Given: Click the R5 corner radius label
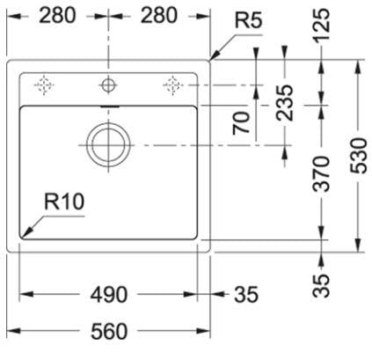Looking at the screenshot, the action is [x=248, y=20].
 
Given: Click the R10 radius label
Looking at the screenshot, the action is [x=64, y=202].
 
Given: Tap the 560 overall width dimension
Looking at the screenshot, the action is [x=109, y=332].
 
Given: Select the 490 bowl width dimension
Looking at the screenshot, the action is [x=109, y=295].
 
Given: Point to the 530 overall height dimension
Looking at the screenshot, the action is [x=359, y=156].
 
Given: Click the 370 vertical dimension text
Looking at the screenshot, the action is [x=321, y=174].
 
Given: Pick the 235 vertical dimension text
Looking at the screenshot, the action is [x=284, y=103].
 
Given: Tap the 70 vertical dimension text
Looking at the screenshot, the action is [x=241, y=123].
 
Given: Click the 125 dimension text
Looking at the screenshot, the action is [x=321, y=25].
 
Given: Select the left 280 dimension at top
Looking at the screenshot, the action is [x=57, y=16].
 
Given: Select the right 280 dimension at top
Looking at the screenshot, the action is [x=159, y=16].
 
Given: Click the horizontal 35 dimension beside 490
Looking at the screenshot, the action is [x=246, y=295].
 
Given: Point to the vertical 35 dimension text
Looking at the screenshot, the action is [x=321, y=285].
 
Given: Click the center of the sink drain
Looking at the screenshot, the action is [x=108, y=144].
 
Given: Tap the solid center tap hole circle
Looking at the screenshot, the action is [x=108, y=85].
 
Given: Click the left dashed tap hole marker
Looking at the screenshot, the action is [x=44, y=85].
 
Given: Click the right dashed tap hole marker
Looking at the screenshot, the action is [x=173, y=85].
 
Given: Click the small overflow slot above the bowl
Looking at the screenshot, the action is [x=109, y=107].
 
